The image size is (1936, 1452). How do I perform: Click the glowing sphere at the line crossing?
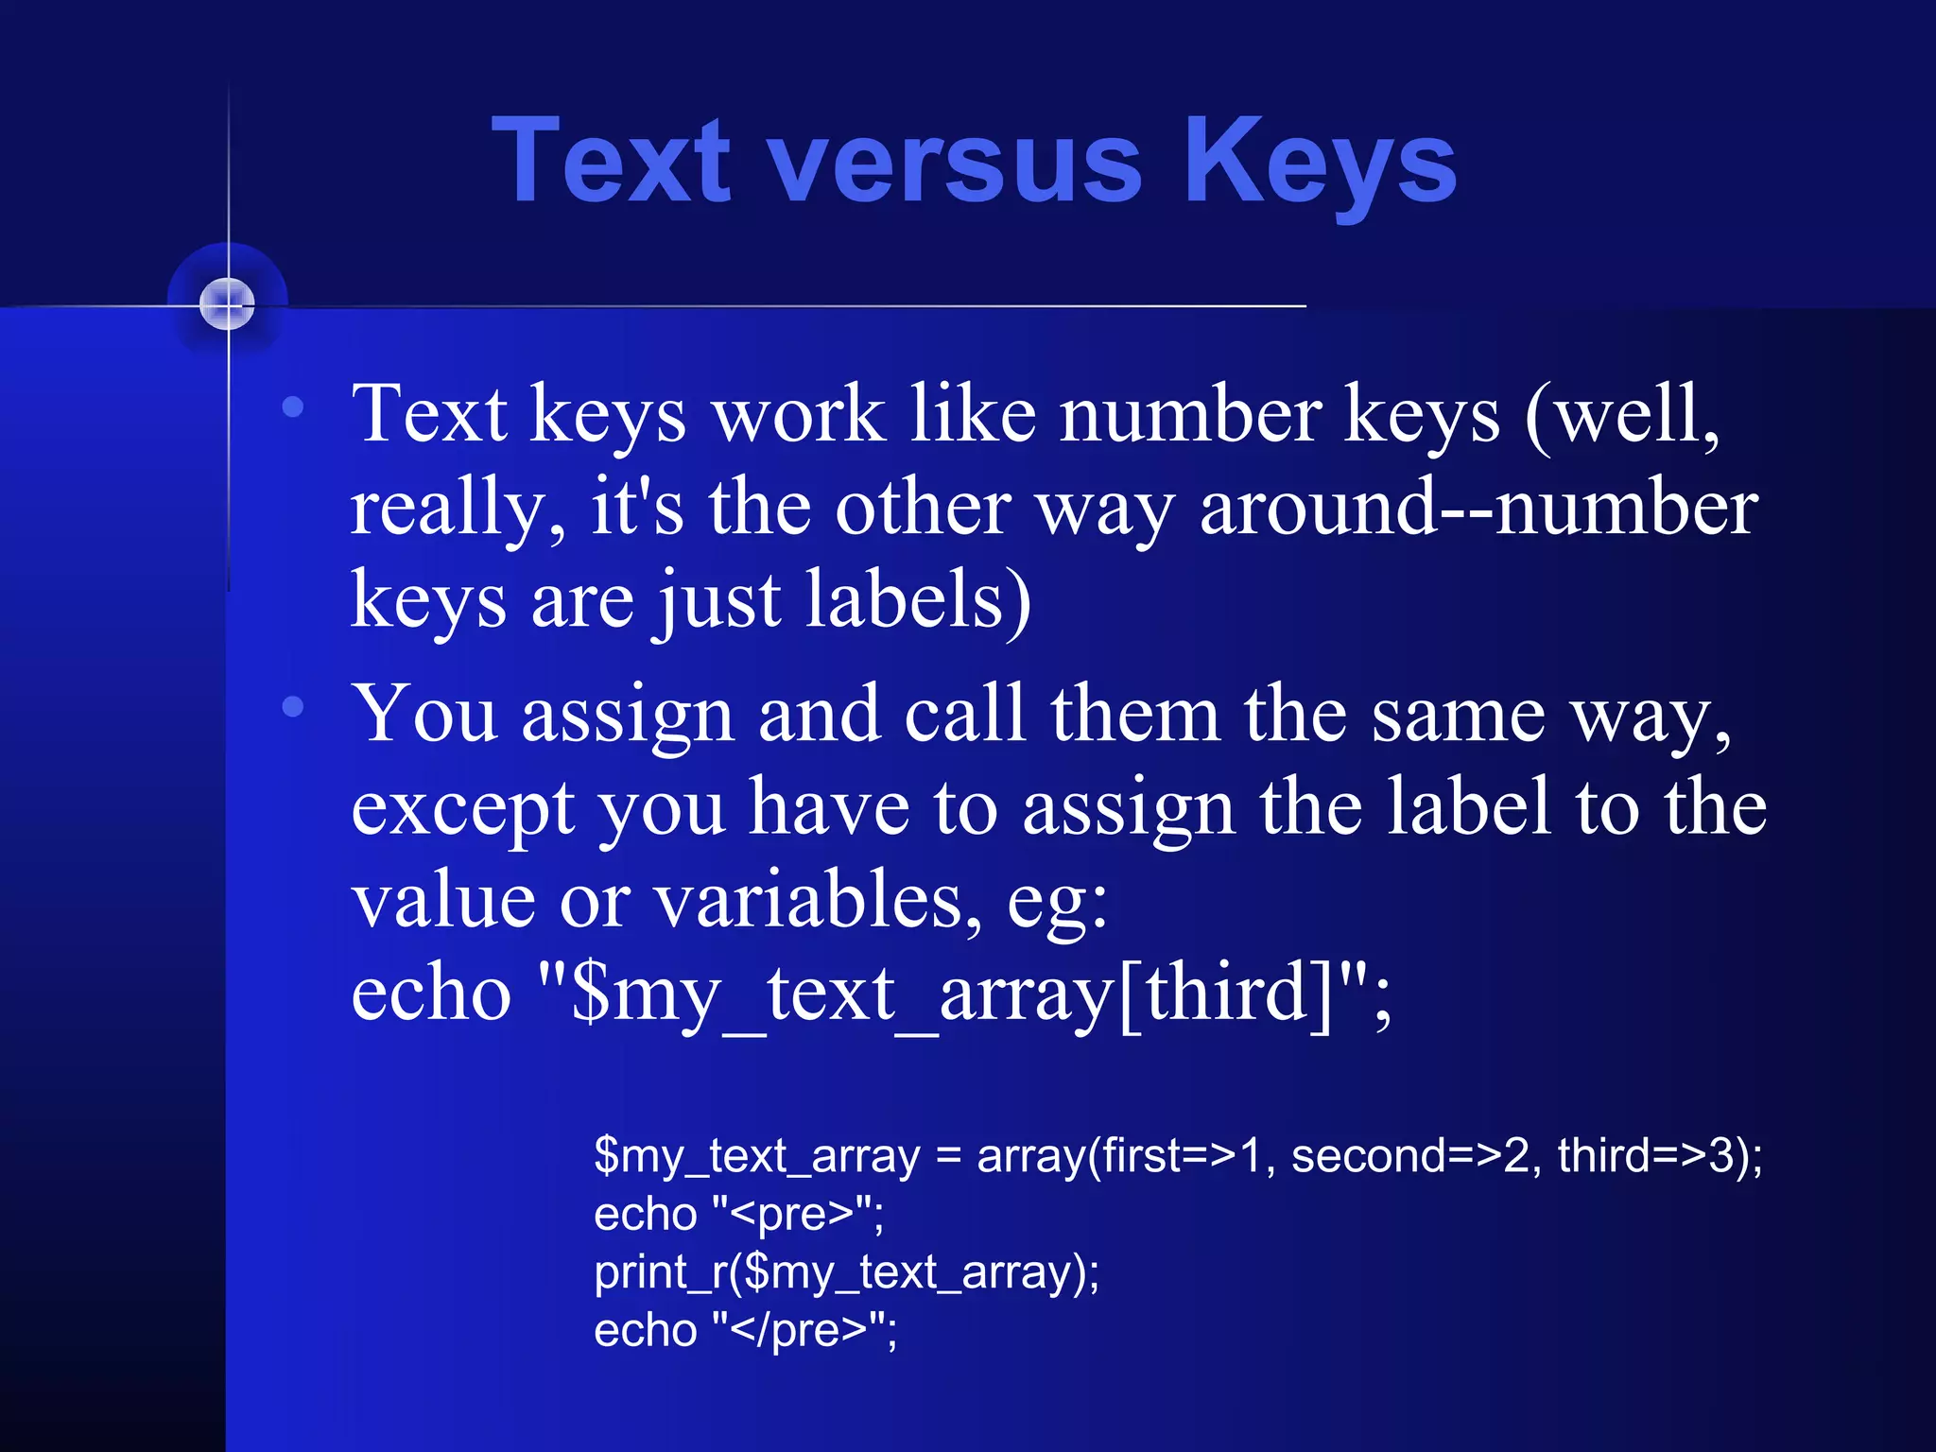(x=227, y=304)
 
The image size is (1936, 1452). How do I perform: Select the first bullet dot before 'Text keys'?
(x=293, y=407)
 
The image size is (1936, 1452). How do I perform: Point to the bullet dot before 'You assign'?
(x=293, y=706)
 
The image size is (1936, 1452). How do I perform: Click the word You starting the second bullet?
(x=425, y=714)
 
